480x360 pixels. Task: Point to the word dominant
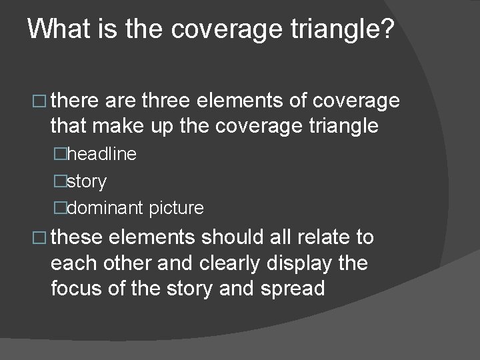pyautogui.click(x=105, y=208)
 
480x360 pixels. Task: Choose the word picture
pyautogui.click(x=177, y=208)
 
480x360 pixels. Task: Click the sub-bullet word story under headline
pyautogui.click(x=87, y=181)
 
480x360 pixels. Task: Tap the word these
pyautogui.click(x=75, y=237)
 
